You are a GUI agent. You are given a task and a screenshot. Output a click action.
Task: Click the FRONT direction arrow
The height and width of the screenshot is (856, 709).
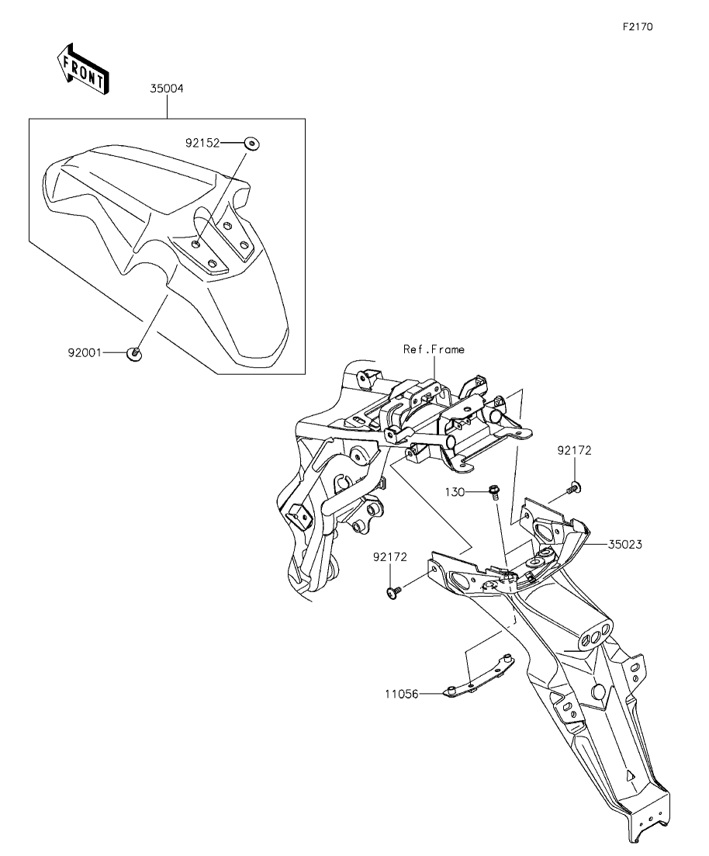83,69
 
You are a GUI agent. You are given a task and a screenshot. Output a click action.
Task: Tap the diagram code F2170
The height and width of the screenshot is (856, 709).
638,26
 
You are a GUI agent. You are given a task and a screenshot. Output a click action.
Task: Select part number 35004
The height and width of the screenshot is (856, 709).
167,88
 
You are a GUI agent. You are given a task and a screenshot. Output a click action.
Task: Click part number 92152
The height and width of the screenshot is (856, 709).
202,143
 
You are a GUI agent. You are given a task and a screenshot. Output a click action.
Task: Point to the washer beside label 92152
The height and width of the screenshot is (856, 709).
251,144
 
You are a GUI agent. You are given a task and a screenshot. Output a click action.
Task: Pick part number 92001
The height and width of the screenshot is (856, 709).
85,353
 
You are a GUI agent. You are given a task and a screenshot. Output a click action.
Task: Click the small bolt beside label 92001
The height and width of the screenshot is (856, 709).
135,354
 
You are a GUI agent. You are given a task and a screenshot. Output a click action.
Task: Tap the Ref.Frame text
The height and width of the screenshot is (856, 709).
434,349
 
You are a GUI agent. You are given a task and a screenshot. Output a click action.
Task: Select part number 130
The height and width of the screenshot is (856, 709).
455,493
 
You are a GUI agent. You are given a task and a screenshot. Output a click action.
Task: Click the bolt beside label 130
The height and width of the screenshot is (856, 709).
494,492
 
